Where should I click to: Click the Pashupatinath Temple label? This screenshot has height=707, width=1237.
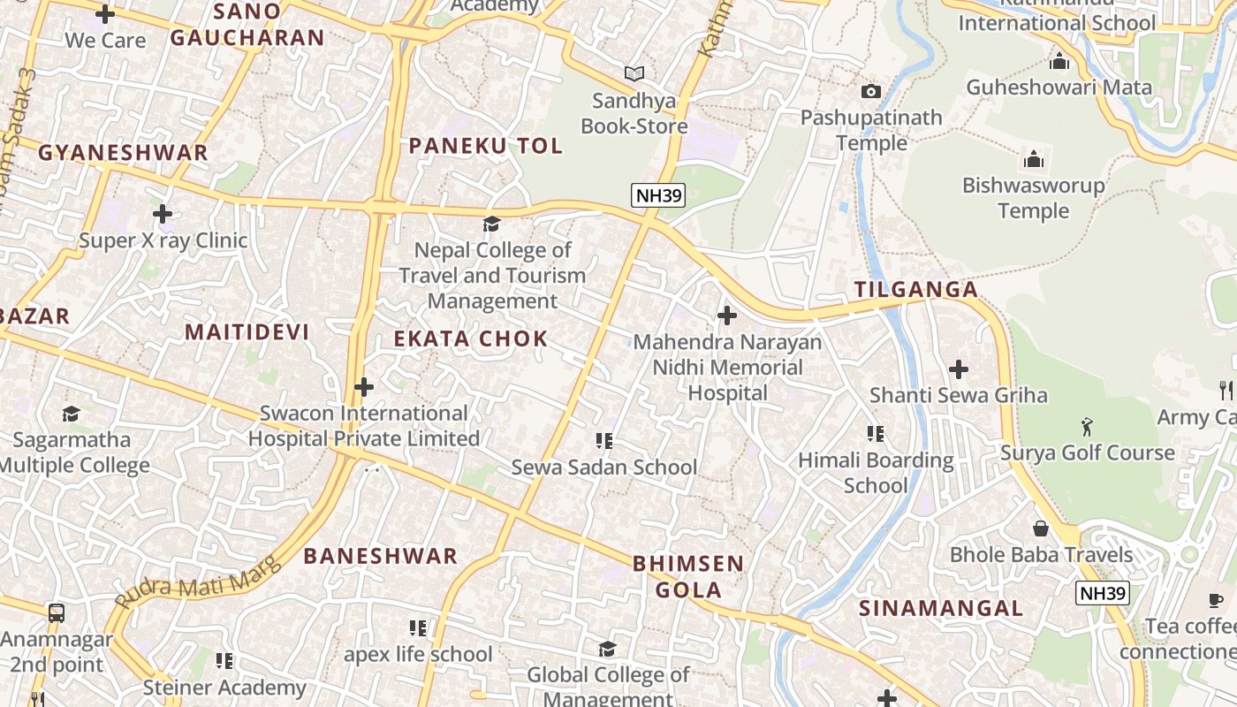point(871,130)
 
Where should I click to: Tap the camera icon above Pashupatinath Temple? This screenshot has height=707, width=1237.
point(870,91)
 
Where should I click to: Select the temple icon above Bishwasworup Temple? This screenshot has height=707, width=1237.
point(1033,160)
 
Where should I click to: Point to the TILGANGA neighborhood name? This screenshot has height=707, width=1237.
point(916,290)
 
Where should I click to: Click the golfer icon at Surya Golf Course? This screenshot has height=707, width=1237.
point(1087,428)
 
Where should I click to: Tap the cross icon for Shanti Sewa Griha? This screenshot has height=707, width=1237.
point(959,369)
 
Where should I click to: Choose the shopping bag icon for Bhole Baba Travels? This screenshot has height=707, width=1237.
point(1041,528)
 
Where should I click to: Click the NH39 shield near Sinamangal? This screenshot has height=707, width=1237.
point(1102,593)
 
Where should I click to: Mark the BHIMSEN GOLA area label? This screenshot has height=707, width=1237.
point(688,576)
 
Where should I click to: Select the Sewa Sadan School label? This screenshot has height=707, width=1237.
point(604,468)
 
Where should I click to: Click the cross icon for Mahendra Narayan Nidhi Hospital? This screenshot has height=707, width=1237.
point(727,315)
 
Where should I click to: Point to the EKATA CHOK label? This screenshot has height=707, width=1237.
point(471,339)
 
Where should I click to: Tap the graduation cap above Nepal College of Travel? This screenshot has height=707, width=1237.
point(492,224)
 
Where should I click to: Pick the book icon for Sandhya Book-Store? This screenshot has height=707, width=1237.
point(634,74)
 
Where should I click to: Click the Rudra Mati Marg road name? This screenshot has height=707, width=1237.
point(198,582)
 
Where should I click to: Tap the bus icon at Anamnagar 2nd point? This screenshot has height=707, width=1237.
point(56,612)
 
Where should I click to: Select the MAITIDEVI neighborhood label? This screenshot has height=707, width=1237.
point(247,332)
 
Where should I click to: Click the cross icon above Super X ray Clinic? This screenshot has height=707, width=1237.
point(163,214)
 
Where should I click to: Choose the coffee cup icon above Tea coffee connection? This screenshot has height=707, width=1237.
point(1216,601)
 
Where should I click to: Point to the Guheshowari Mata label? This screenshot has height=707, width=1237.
point(1059,87)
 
